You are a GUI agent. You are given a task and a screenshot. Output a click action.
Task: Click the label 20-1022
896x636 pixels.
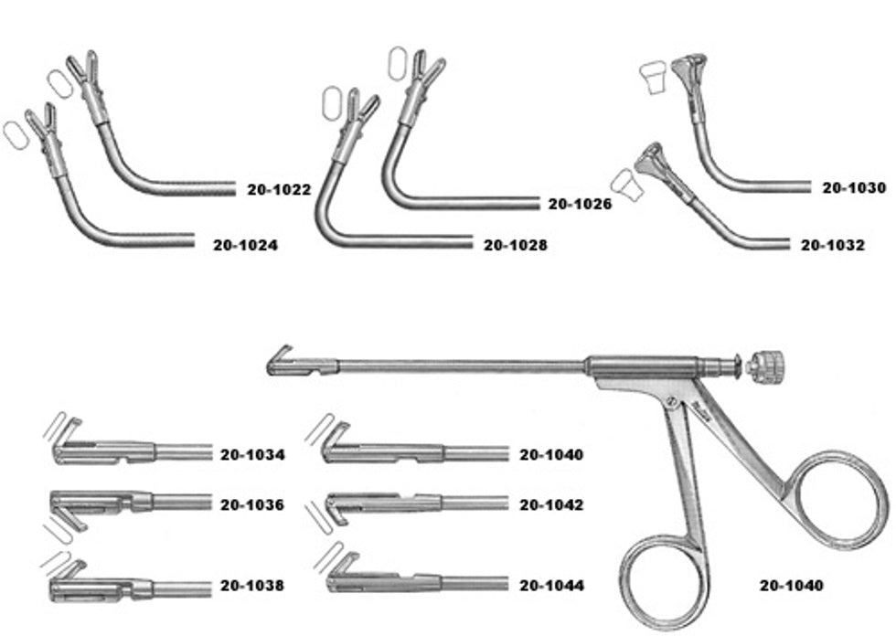279,191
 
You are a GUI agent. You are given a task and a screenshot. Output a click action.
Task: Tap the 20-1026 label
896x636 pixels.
580,205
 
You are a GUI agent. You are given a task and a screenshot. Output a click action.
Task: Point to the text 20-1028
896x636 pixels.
516,245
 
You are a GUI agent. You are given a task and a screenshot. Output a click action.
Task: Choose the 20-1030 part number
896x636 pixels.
853,188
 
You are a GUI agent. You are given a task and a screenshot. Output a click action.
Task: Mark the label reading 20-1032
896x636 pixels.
832,245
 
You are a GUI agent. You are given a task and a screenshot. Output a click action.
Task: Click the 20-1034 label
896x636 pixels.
252,454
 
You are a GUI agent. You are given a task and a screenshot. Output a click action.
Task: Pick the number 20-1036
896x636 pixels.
252,504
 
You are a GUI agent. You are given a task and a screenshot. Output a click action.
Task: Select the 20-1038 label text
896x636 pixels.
252,586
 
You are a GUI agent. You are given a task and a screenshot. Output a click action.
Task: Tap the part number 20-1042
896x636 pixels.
551,504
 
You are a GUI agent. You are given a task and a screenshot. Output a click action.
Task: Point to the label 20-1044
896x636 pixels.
551,586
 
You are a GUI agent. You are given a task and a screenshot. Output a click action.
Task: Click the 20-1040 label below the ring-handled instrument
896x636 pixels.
791,586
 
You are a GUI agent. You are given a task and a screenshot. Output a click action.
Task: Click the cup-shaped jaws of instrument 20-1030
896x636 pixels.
687,69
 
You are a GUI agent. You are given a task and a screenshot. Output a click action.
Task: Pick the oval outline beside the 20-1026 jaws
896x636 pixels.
398,63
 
